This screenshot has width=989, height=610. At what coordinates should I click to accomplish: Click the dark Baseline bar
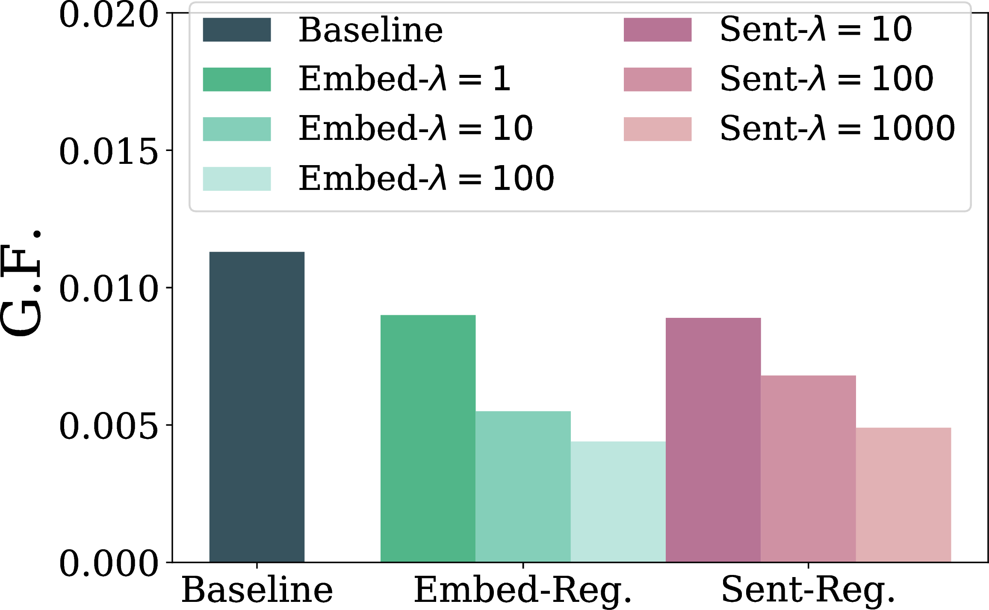257,407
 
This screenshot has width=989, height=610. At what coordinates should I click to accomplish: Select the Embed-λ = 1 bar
428,438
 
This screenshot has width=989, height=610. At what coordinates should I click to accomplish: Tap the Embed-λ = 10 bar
523,486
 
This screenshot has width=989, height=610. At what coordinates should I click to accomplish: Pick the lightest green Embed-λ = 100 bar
618,502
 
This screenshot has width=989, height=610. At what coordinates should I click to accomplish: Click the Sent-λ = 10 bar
713,440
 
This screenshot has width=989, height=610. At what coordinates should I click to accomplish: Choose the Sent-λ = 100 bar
808,468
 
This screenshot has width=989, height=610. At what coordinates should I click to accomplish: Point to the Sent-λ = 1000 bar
903,495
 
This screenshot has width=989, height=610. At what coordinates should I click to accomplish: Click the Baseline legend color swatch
237,30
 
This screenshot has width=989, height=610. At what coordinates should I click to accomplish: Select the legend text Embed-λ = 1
404,79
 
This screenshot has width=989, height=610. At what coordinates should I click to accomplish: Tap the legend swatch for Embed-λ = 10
237,129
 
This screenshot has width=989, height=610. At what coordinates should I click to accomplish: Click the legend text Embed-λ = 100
426,178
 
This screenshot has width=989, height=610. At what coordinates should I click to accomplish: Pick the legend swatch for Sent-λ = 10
658,30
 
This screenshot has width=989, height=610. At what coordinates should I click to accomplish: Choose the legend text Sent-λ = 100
827,79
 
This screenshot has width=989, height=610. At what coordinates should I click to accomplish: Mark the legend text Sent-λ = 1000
837,128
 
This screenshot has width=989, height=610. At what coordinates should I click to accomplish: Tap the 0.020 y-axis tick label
109,15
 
